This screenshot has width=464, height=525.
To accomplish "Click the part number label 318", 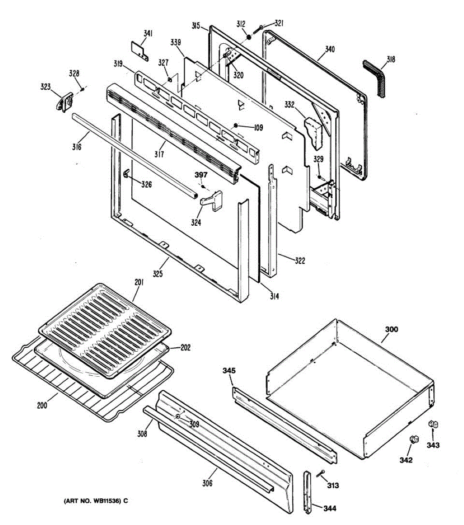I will click(x=390, y=59).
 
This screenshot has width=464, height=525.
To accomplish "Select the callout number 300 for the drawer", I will click(x=391, y=329).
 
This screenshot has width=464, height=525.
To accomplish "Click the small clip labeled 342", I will click(x=412, y=439).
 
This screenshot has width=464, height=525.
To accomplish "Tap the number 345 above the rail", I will click(x=229, y=371).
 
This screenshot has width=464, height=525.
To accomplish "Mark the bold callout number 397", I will click(x=201, y=175).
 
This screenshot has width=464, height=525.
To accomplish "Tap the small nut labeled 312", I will click(x=249, y=37).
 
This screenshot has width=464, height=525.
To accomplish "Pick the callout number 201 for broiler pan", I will click(x=139, y=282).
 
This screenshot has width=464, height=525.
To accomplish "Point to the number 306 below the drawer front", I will click(x=207, y=483).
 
